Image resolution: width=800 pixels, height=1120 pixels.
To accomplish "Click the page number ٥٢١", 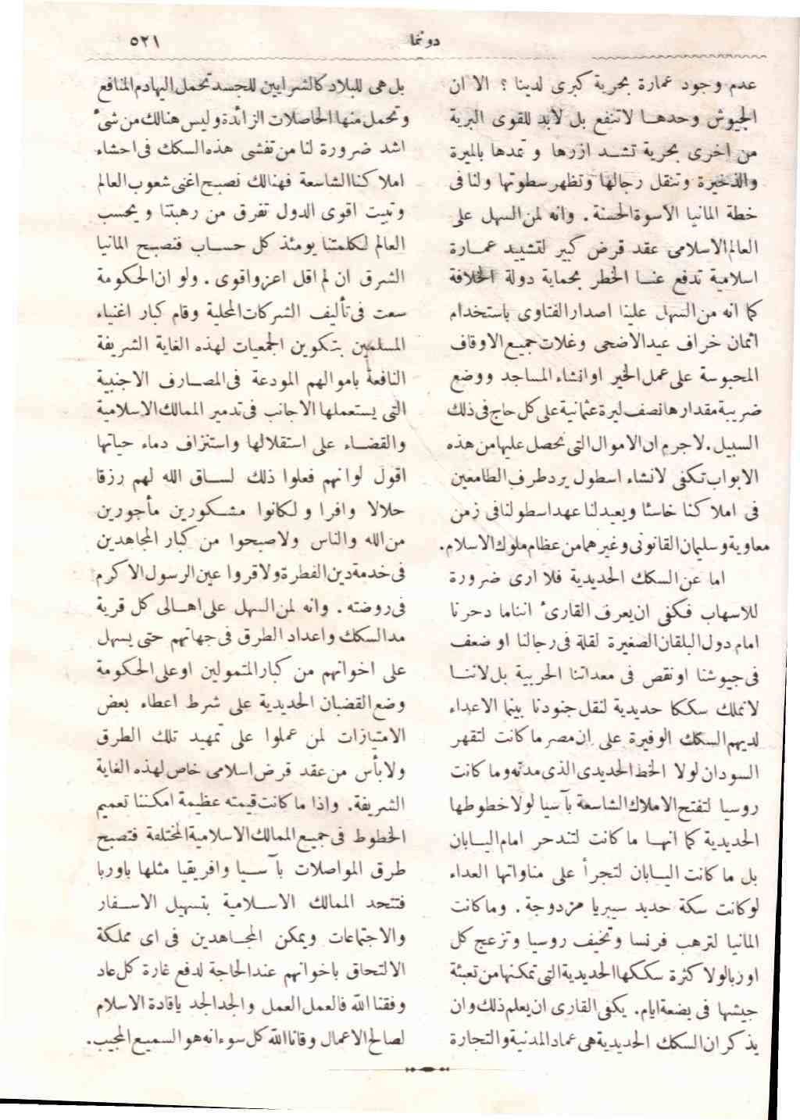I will [x=145, y=41].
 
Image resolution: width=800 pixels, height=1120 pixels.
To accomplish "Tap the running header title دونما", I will [x=424, y=41].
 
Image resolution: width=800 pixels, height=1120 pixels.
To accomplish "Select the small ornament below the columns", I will [x=427, y=1068].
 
